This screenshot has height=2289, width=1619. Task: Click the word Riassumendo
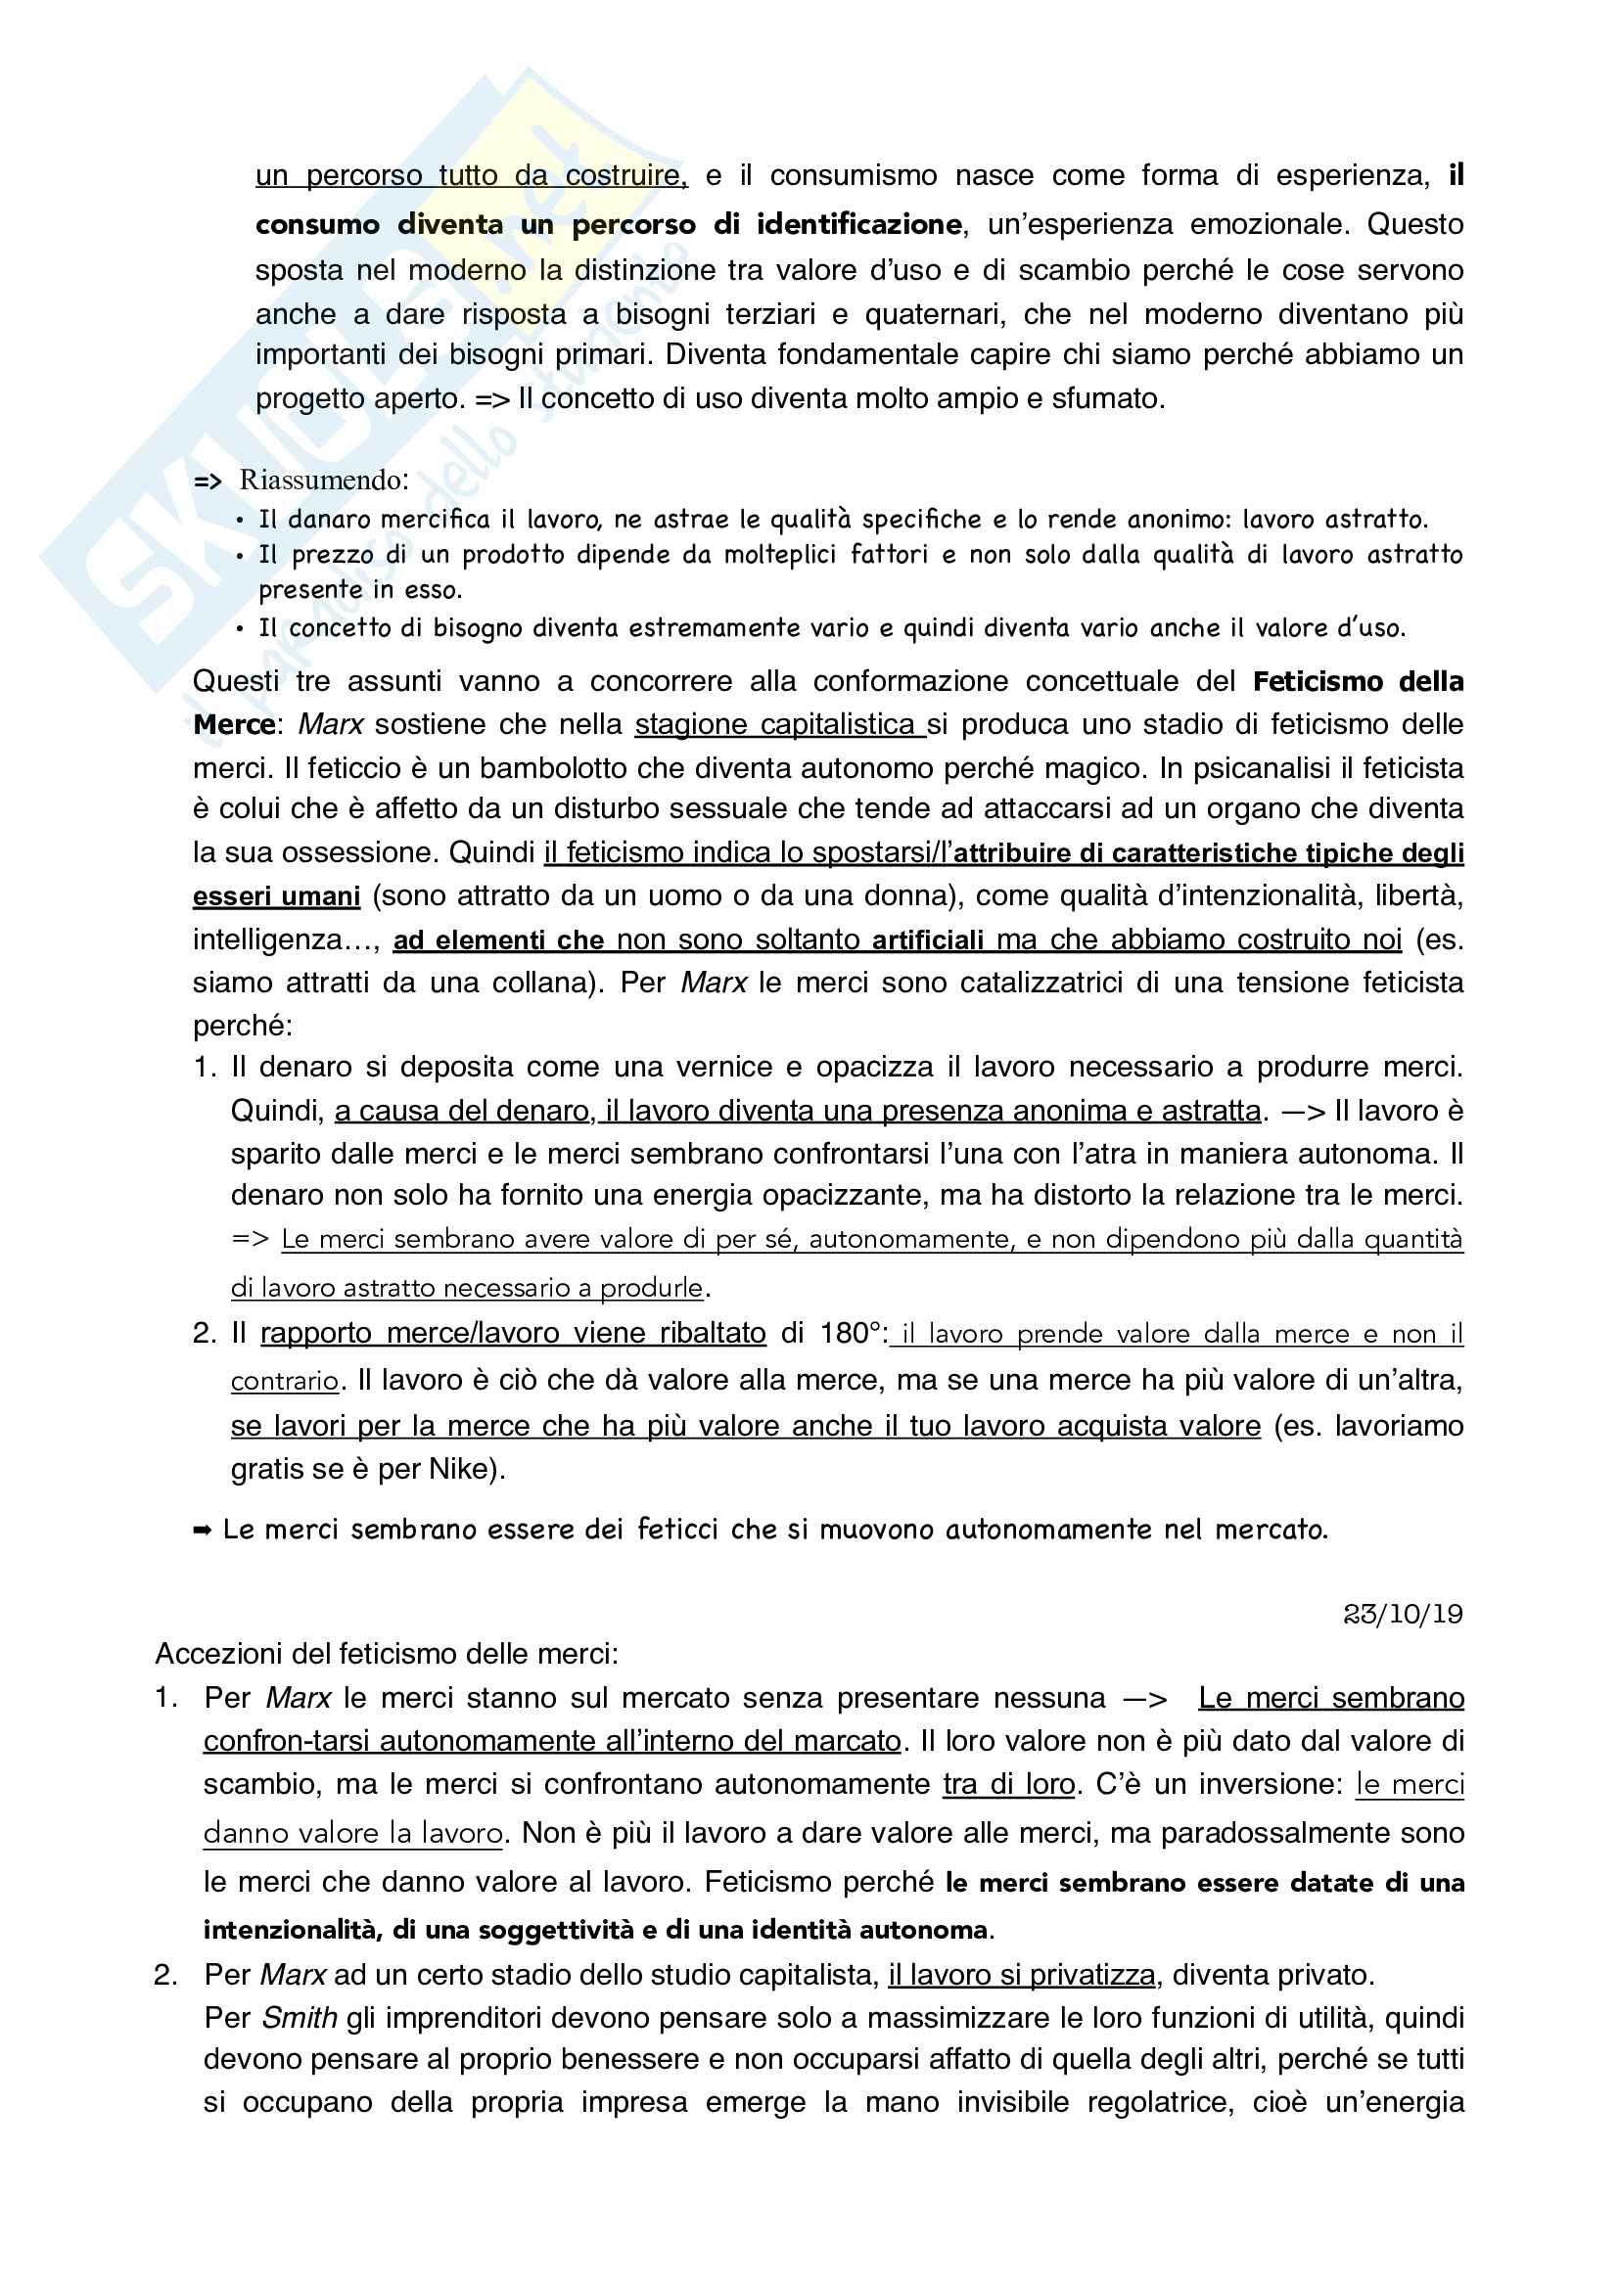coord(323,481)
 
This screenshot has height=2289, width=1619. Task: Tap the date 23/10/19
coord(1403,1614)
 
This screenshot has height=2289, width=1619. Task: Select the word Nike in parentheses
coord(462,1469)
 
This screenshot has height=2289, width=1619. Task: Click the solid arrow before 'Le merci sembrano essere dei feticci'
coord(202,1530)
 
